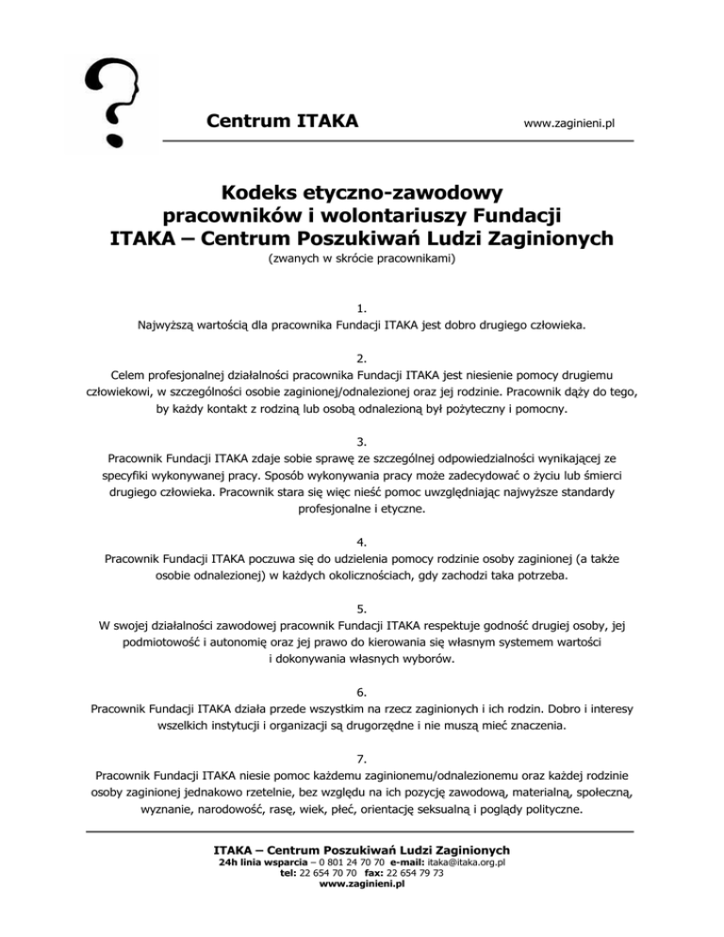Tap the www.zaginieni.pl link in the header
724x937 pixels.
click(x=568, y=123)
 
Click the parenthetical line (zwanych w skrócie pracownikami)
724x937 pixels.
click(x=362, y=255)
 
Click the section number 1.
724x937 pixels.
click(x=362, y=308)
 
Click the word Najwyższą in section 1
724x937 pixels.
click(x=166, y=327)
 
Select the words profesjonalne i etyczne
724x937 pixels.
click(x=361, y=509)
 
